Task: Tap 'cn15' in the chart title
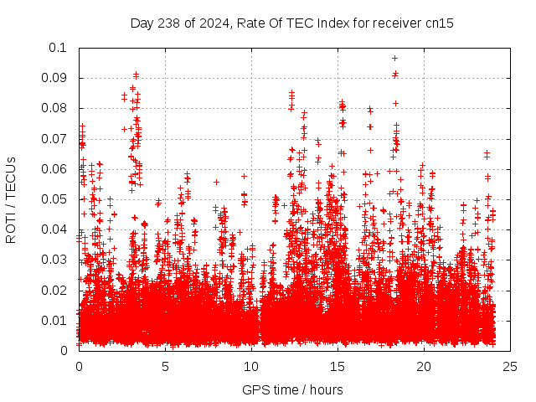point(439,23)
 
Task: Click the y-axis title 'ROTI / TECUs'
point(12,199)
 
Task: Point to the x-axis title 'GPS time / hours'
point(292,389)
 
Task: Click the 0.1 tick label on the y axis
point(59,48)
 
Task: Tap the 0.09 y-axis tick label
point(55,78)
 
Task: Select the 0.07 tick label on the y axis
point(55,138)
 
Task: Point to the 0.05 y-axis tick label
point(55,199)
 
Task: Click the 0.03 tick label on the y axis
point(55,260)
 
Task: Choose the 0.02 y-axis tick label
point(55,290)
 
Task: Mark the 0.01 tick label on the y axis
point(55,320)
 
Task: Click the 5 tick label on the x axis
point(165,366)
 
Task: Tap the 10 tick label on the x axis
point(251,366)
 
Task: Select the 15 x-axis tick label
point(338,366)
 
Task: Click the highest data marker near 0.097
point(394,58)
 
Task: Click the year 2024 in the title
point(221,23)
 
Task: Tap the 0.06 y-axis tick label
point(55,169)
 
